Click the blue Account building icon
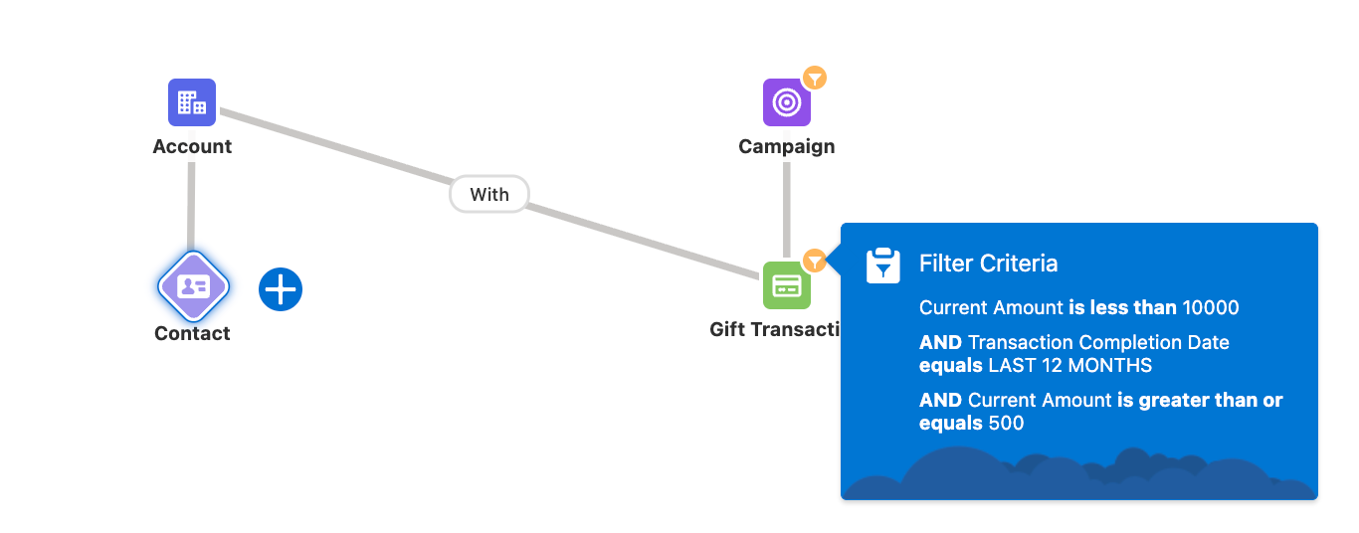pos(192,102)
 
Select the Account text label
pos(192,147)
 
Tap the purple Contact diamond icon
pos(193,287)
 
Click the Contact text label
pos(192,334)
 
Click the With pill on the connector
pos(489,195)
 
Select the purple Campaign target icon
pos(786,102)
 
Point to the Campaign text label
pos(786,147)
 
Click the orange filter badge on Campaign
pos(815,78)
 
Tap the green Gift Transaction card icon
pos(786,286)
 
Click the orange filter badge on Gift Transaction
pos(815,261)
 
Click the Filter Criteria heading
pos(988,264)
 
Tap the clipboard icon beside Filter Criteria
pos(883,266)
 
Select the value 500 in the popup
pos(1006,423)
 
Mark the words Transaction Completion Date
pos(1098,342)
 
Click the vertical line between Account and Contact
pos(191,209)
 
